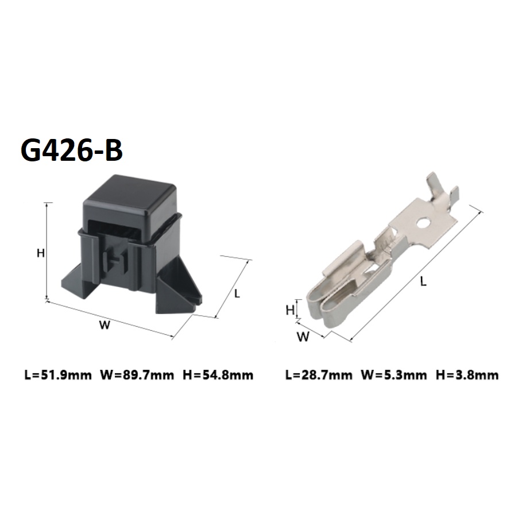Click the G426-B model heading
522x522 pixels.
(71, 150)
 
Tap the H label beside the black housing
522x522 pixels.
(41, 253)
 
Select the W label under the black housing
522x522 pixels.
(105, 325)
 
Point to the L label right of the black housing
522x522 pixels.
(237, 293)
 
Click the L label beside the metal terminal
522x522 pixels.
(423, 281)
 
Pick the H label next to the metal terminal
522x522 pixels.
(290, 310)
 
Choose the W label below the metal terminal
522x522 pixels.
(303, 337)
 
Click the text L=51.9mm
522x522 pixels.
(58, 375)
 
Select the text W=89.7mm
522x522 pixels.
(137, 375)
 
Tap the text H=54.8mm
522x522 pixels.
(218, 375)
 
